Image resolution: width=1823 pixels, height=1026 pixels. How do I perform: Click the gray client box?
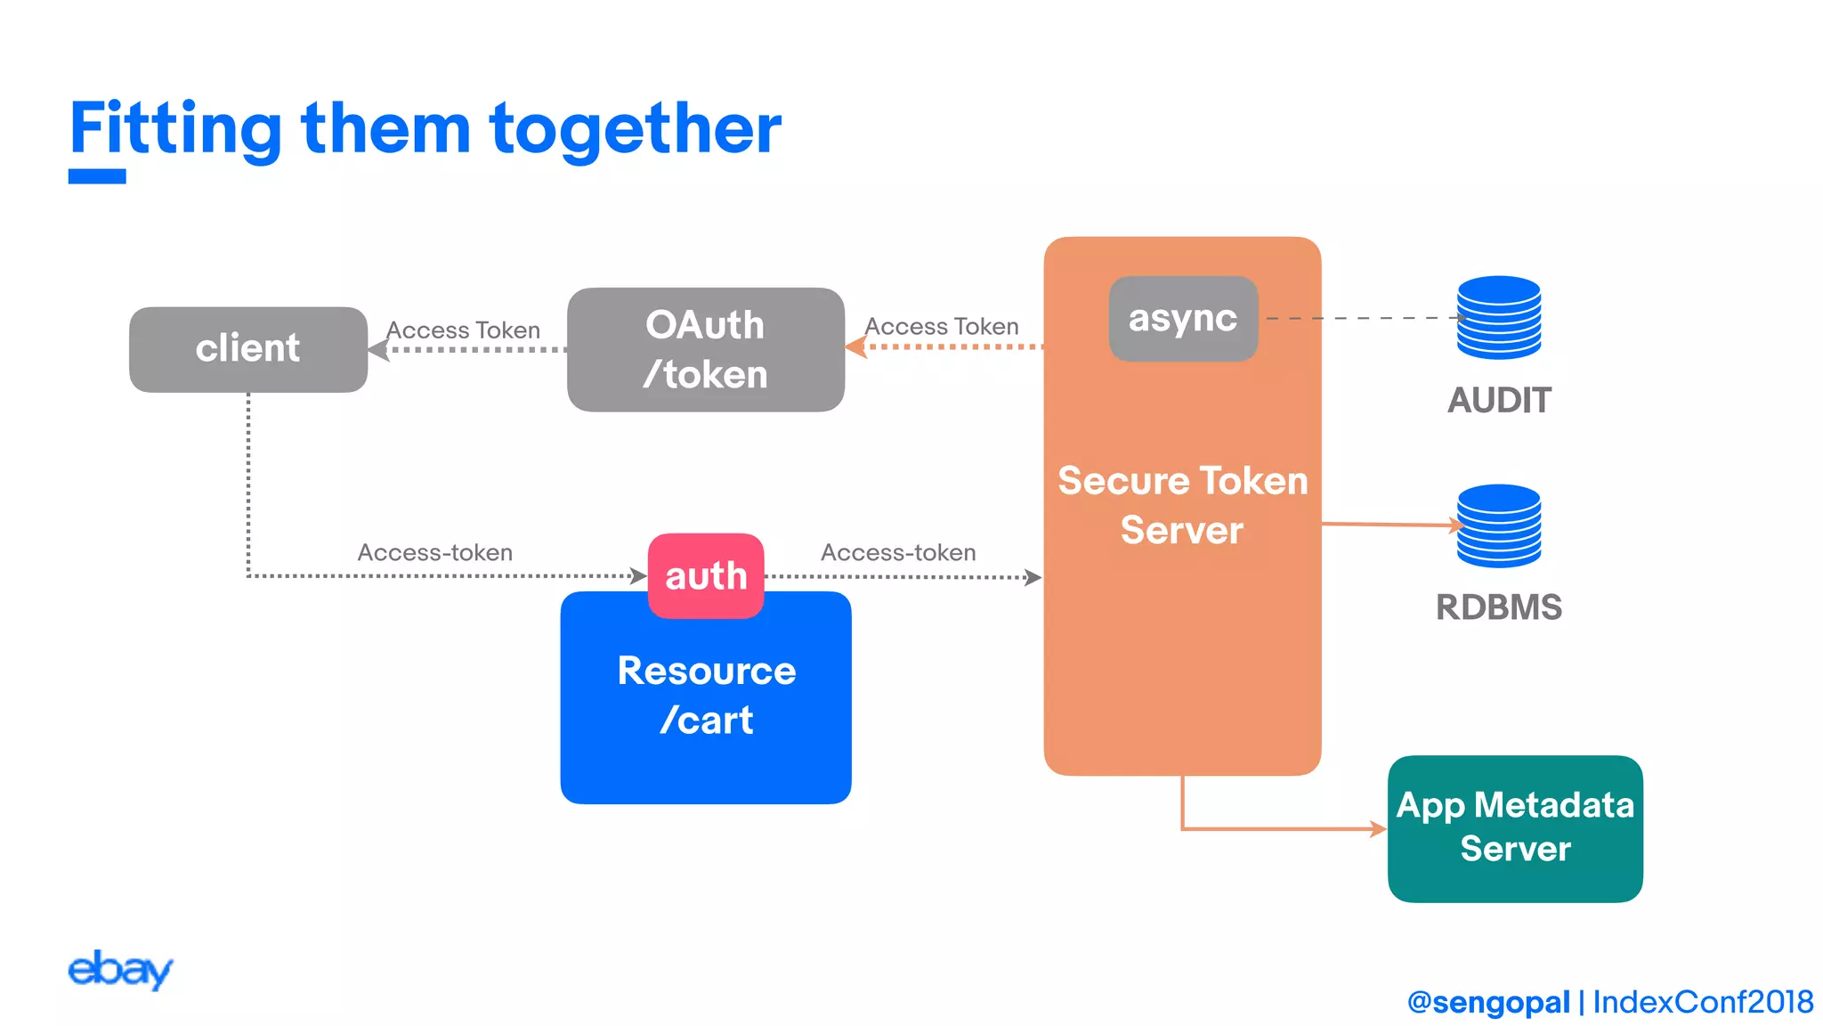tap(247, 349)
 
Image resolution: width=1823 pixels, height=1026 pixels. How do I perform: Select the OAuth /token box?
tap(705, 349)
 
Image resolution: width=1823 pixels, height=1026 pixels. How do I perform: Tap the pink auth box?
tap(706, 575)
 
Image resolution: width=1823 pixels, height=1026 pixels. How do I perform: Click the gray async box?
tap(1183, 318)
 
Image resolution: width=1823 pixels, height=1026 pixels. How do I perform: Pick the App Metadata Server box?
tap(1515, 828)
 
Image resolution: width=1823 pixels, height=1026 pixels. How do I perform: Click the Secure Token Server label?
tap(1182, 505)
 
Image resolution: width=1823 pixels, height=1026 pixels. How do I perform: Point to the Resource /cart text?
tap(706, 695)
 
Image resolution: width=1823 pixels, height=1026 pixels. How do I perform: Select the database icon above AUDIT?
tap(1499, 317)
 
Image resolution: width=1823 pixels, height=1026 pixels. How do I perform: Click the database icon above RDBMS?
tap(1499, 525)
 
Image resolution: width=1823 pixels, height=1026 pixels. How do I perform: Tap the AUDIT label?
tap(1499, 400)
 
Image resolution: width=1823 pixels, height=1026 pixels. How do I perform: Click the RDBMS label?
tap(1499, 607)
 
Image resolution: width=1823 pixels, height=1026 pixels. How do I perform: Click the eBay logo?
tap(120, 970)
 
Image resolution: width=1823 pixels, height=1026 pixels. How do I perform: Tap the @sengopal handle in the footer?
tap(1488, 1002)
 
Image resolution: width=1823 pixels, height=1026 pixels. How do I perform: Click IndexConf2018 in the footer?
tap(1703, 1002)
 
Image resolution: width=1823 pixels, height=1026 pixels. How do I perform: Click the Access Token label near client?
tap(463, 330)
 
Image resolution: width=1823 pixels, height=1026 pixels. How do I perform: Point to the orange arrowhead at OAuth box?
tap(856, 346)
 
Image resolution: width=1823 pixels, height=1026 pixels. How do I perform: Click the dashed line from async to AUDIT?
tap(1362, 318)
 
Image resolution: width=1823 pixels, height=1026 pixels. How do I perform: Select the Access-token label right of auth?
tap(898, 552)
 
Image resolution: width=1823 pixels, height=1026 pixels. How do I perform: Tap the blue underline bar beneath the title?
tap(97, 176)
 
